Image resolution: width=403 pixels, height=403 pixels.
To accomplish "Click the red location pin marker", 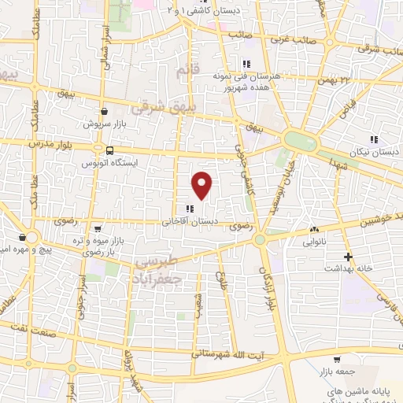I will tap(203, 186).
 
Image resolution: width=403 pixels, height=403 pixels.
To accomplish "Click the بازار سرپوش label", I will tap(105, 124).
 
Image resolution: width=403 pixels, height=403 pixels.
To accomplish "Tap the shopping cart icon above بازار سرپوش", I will tap(105, 113).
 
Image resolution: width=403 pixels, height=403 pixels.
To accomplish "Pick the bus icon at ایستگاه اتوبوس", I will tap(109, 150).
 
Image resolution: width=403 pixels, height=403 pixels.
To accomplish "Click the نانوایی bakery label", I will tap(318, 242).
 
